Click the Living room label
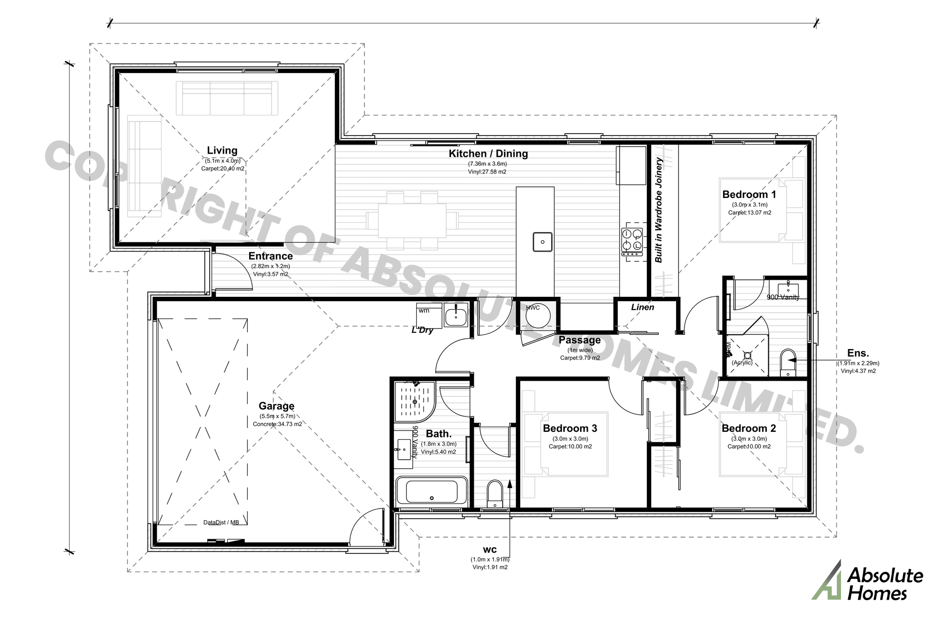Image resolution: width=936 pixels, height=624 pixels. coord(222,151)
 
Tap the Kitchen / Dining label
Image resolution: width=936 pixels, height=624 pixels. coord(488,154)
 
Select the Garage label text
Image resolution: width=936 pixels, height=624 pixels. coord(276,406)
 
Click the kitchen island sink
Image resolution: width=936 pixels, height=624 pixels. coord(542,242)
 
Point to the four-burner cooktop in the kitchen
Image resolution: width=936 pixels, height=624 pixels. coord(632,242)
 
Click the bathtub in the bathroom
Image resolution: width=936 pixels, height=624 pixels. coord(431,491)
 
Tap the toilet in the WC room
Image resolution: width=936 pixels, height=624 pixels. coord(494,493)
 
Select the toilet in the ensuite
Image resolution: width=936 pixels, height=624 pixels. coord(787,363)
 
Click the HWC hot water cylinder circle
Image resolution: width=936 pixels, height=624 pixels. coord(538,317)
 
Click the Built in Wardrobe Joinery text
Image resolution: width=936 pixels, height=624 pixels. coord(659,210)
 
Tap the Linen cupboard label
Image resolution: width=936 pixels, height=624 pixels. coord(643,307)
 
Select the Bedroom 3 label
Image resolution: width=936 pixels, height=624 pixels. coord(570,429)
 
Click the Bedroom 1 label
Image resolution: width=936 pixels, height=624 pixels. coord(749,195)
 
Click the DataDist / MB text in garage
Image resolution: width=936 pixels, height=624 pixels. coord(221,523)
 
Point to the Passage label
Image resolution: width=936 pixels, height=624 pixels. coord(580,340)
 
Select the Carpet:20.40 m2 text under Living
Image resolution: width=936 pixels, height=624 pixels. coord(222,169)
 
